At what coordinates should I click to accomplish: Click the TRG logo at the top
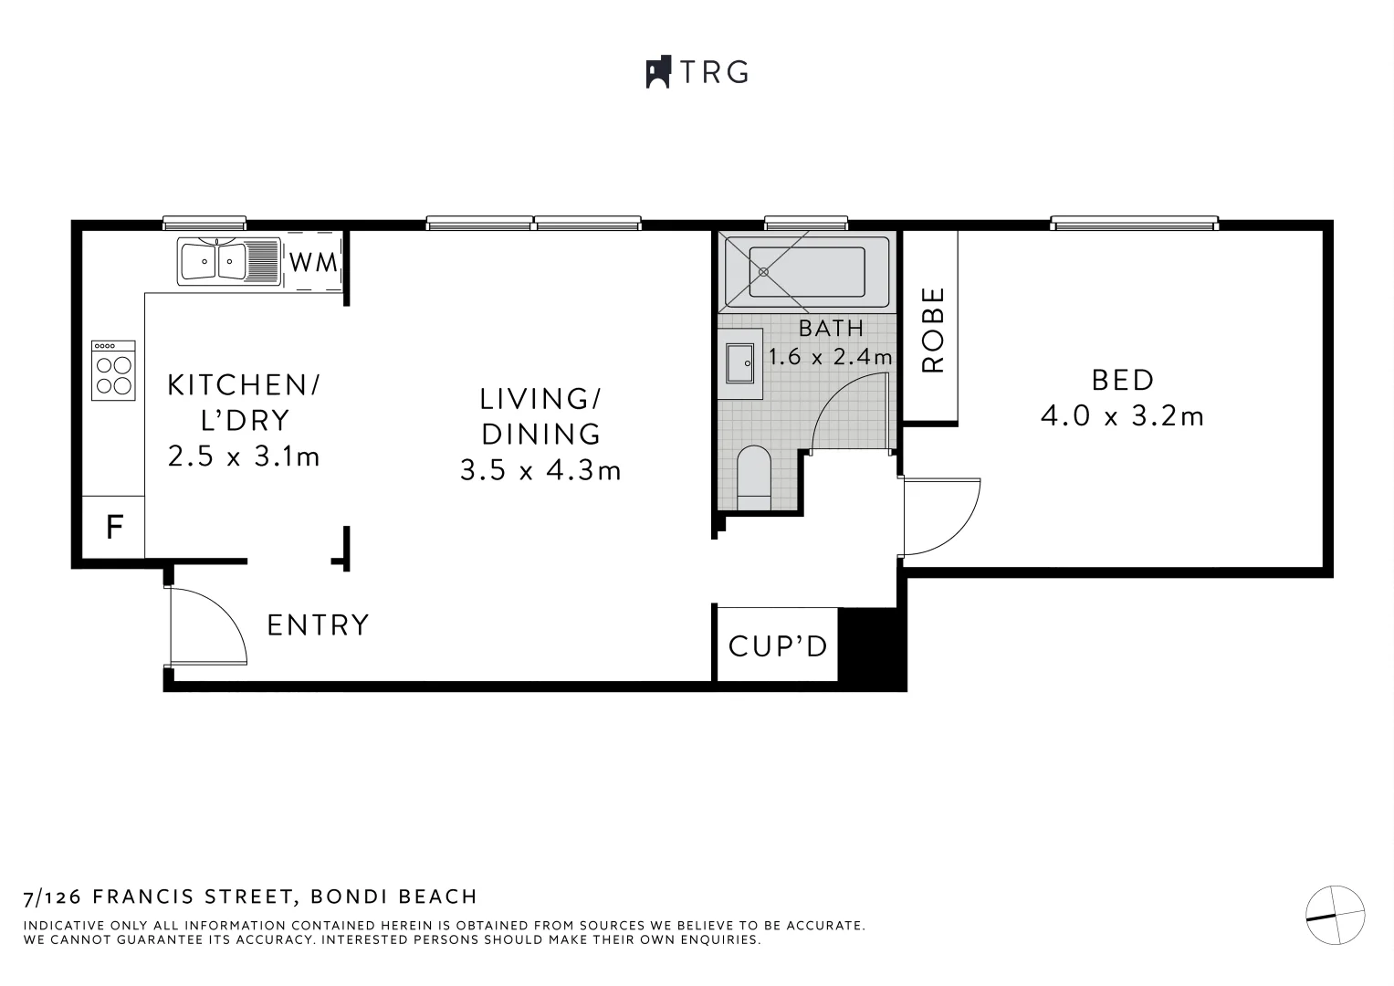697,71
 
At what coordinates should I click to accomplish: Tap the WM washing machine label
313,262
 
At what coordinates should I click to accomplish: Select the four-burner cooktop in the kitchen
113,371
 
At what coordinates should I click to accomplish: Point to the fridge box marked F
114,527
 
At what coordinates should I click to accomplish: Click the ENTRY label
318,625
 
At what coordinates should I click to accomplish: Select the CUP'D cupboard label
777,646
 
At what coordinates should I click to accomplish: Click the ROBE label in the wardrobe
932,330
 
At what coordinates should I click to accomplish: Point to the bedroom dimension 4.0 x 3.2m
1122,416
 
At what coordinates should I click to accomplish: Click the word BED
1122,379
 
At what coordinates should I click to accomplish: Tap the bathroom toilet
754,477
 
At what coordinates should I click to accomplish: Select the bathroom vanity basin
740,363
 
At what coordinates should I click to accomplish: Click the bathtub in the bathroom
805,272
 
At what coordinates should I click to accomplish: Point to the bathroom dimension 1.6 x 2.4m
830,357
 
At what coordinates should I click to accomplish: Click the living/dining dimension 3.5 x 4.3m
540,470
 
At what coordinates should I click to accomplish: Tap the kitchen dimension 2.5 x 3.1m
244,456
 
